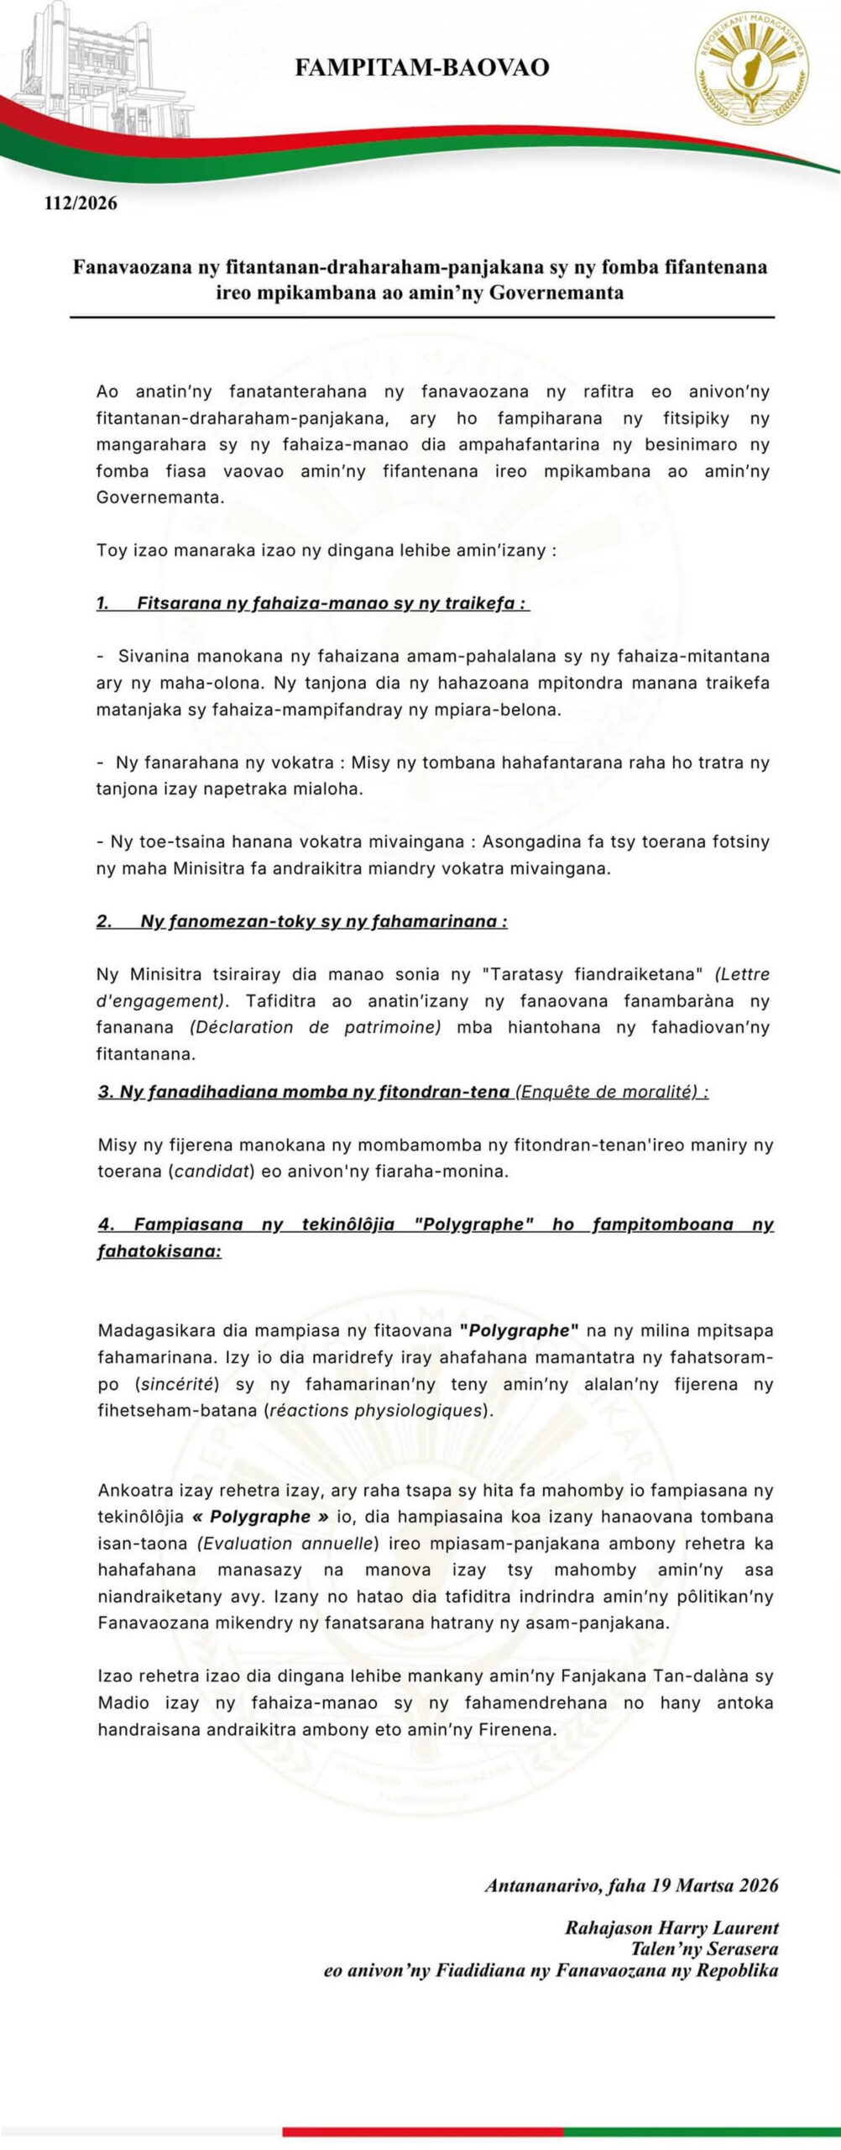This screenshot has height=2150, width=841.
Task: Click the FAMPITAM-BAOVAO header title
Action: tap(421, 68)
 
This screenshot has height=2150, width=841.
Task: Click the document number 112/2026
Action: tap(81, 203)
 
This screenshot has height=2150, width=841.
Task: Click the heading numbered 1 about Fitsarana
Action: tap(312, 603)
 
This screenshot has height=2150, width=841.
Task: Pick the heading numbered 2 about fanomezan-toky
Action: tap(302, 921)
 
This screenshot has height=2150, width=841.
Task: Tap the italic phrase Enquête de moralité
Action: tap(610, 1092)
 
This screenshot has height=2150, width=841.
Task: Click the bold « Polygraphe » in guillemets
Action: tap(260, 1517)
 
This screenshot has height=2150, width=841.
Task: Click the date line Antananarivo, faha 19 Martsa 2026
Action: tap(631, 1885)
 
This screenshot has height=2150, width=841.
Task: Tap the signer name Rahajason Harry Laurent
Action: tap(671, 1927)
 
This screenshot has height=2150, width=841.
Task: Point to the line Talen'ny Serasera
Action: tap(704, 1948)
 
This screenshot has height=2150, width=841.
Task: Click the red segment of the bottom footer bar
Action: tap(422, 2131)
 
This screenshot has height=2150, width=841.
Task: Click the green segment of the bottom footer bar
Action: tap(702, 2131)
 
